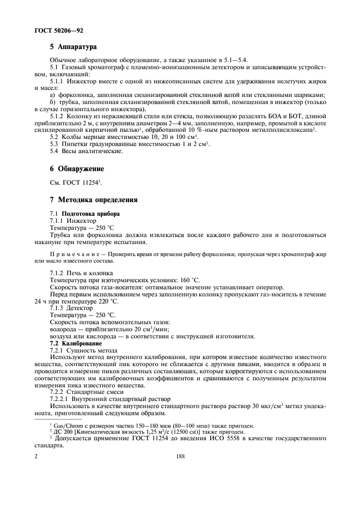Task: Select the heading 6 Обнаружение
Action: point(77,169)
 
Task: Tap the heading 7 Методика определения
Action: point(94,200)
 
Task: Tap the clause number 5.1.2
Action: point(57,117)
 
